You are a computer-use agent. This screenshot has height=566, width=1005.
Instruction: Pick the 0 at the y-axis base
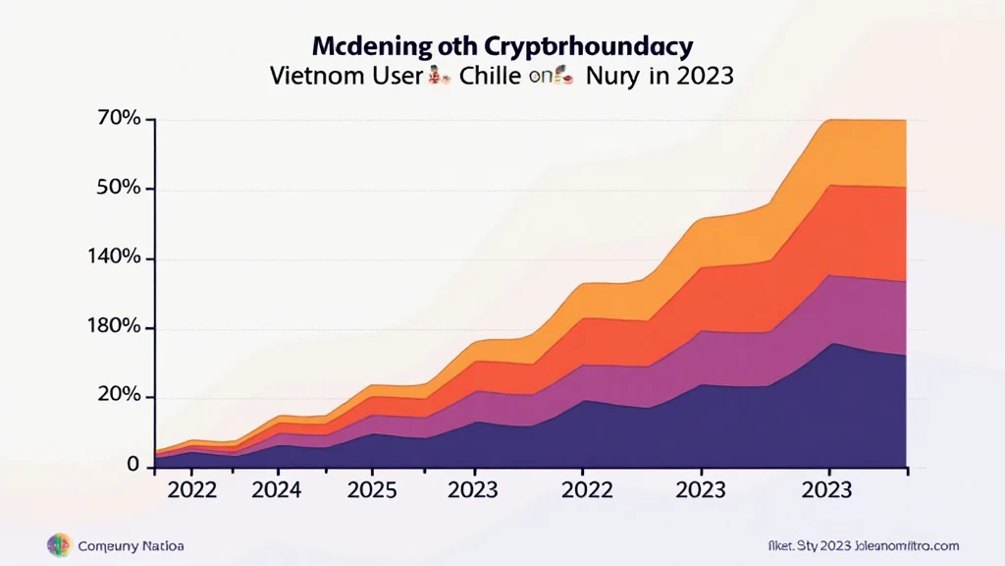[133, 466]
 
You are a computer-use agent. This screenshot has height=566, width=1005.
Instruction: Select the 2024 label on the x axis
[278, 490]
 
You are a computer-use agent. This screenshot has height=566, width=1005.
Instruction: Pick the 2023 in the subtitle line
[699, 77]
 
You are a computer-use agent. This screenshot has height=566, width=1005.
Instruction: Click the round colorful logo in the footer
[59, 545]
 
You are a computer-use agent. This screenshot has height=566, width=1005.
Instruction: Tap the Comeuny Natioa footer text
[131, 546]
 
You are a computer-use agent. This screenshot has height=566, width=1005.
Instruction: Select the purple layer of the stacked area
[854, 310]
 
